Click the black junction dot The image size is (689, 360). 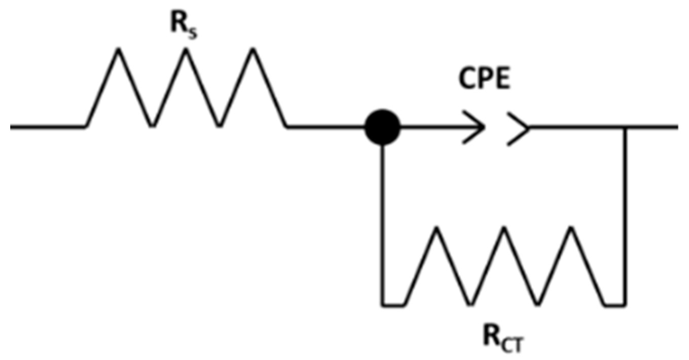click(x=383, y=127)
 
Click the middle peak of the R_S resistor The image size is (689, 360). click(x=186, y=50)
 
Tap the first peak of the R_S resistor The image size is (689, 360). click(x=119, y=50)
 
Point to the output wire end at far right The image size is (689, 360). click(x=675, y=127)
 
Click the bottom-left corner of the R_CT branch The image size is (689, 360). click(x=383, y=305)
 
